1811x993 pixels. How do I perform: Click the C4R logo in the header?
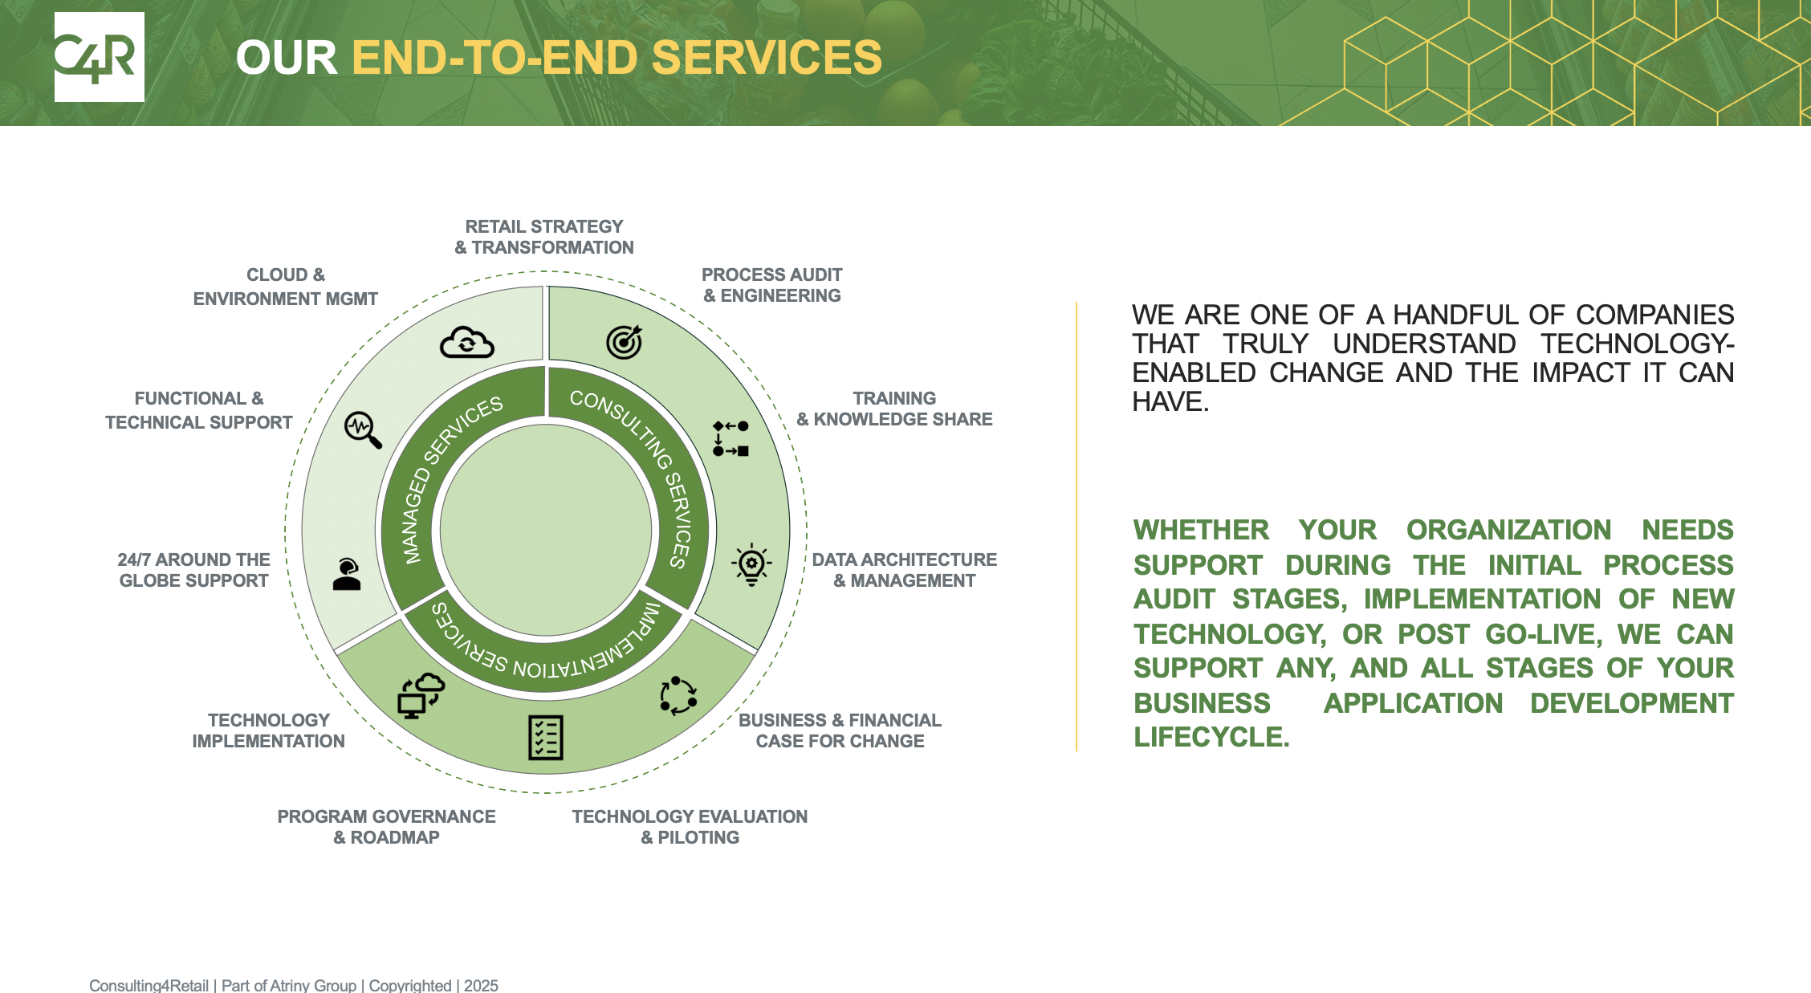[x=99, y=57]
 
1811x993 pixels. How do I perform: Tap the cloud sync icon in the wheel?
[x=467, y=343]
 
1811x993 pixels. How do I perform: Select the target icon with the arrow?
[x=625, y=342]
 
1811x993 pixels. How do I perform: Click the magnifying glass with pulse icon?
[x=363, y=429]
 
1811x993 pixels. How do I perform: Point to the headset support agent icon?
[x=347, y=575]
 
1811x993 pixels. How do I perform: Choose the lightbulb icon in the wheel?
[x=751, y=564]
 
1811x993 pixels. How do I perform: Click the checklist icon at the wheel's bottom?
[x=546, y=737]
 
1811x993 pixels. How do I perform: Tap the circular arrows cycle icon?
[x=678, y=695]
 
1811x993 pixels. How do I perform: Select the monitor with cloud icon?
[x=421, y=695]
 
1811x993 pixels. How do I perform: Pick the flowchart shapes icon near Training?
[x=731, y=438]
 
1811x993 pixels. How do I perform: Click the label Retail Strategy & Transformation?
[x=544, y=237]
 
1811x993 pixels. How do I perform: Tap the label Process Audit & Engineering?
[x=771, y=285]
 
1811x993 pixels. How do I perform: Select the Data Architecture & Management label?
[x=904, y=570]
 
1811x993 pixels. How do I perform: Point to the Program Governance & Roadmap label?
[x=386, y=827]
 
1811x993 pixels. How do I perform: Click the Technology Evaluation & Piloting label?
[x=690, y=827]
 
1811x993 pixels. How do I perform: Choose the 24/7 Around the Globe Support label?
[x=193, y=570]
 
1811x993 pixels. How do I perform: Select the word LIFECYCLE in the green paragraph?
[x=1211, y=737]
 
